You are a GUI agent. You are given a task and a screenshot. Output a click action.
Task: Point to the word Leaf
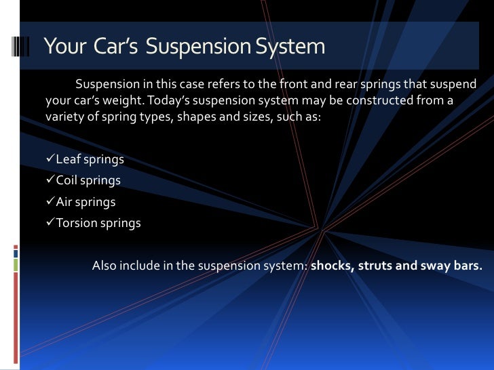tap(67, 161)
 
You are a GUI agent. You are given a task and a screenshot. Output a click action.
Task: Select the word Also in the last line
tap(104, 266)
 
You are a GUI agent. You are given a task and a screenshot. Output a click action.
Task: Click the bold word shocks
tap(331, 266)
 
